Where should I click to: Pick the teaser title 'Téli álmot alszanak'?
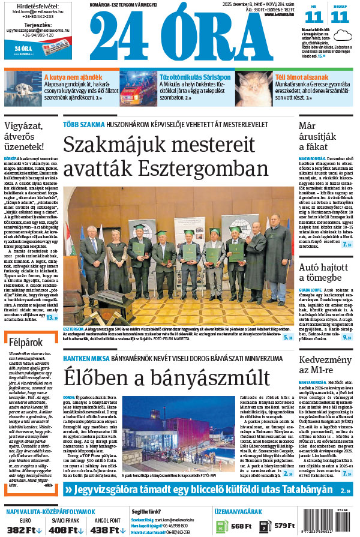point(301,77)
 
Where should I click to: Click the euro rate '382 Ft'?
point(22,529)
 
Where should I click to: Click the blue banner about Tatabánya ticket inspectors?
point(208,490)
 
